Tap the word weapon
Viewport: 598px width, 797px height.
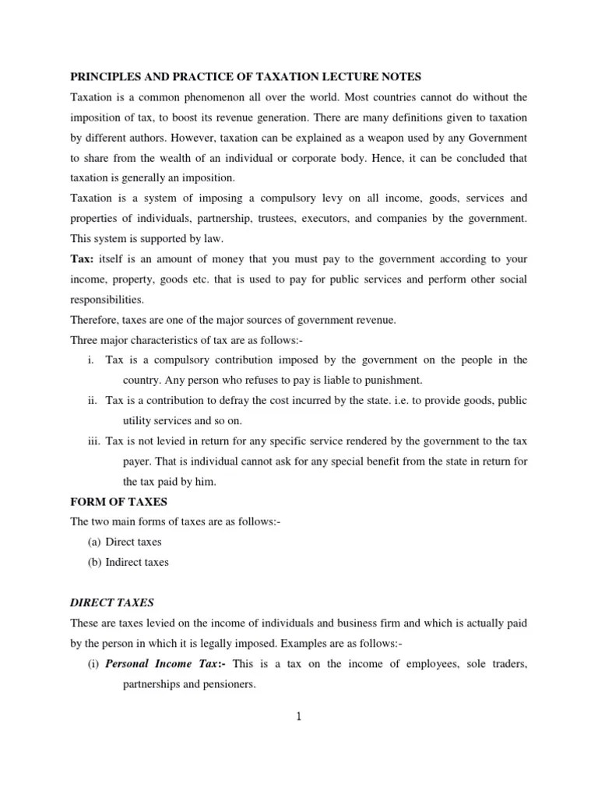[386, 138]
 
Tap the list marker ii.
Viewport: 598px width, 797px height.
[93, 401]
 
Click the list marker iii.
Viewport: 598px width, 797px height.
[93, 441]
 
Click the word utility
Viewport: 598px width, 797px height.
[139, 421]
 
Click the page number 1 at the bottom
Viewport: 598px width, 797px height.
[298, 716]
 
